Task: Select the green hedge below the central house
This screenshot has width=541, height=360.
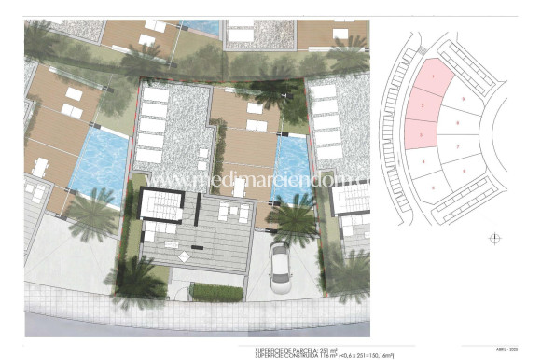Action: click(216, 292)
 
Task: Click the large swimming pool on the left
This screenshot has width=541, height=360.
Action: click(101, 163)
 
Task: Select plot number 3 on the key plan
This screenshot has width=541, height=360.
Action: click(422, 136)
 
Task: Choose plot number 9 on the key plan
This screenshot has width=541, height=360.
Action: click(464, 98)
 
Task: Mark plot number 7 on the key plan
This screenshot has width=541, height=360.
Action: click(458, 148)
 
